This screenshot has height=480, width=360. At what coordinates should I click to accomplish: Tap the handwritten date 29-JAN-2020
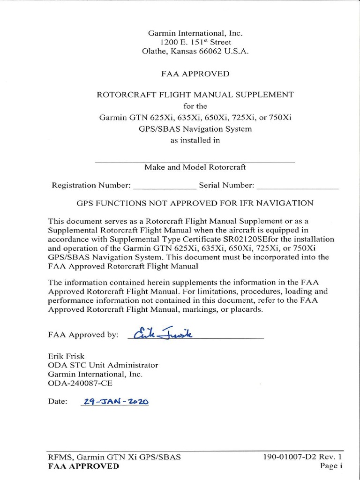point(115,402)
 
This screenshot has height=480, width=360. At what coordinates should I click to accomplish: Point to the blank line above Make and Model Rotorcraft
point(195,161)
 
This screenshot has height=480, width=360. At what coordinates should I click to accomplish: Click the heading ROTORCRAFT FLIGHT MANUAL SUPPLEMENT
point(195,95)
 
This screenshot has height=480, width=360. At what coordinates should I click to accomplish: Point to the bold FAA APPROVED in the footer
point(83,466)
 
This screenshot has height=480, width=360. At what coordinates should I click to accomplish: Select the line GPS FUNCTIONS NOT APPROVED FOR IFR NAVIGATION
point(195,203)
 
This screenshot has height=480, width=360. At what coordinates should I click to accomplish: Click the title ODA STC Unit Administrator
point(103,365)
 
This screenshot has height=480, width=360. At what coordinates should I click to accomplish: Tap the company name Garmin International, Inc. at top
point(195,33)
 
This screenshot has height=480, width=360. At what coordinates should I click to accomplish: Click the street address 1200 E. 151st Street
point(195,42)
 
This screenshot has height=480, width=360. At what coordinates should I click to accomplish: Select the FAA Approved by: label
point(83,335)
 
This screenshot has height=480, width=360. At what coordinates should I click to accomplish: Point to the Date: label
point(58,402)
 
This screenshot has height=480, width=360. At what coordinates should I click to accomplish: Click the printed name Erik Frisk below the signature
point(66,356)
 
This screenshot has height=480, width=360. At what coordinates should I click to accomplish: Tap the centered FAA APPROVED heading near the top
point(195,74)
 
